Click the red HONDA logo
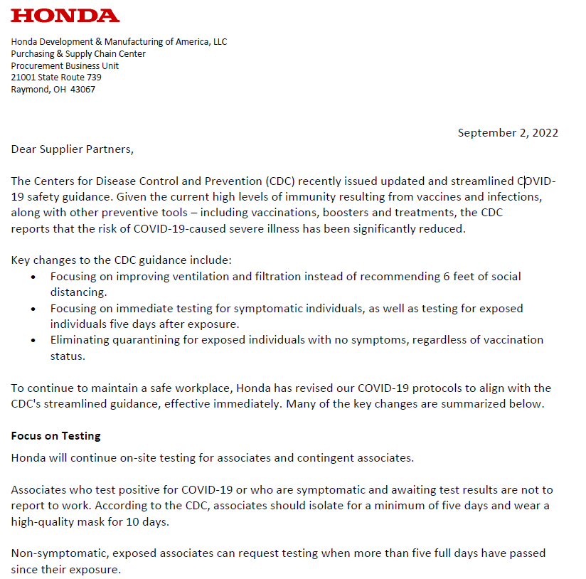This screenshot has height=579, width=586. pyautogui.click(x=65, y=16)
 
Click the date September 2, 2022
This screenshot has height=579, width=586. pyautogui.click(x=508, y=133)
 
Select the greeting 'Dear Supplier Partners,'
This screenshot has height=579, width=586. pyautogui.click(x=72, y=149)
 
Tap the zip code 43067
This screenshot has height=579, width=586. pyautogui.click(x=82, y=90)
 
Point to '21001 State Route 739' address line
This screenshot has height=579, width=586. pyautogui.click(x=56, y=78)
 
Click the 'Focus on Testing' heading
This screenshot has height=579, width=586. pyautogui.click(x=56, y=436)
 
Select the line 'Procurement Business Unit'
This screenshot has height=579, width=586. pyautogui.click(x=65, y=65)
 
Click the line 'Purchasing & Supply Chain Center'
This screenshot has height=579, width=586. pyautogui.click(x=78, y=53)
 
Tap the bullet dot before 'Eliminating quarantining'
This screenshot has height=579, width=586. pyautogui.click(x=33, y=341)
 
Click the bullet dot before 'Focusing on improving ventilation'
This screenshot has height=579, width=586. pyautogui.click(x=33, y=277)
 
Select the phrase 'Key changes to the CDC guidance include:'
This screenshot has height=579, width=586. pyautogui.click(x=121, y=260)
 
